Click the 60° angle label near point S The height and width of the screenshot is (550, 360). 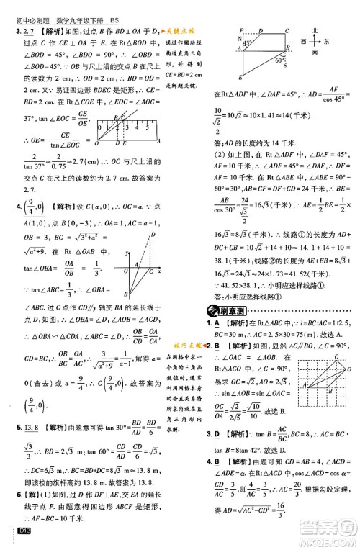coord(276,60)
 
